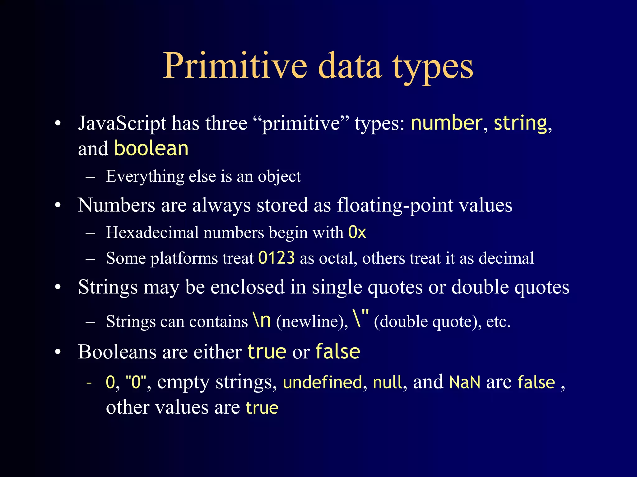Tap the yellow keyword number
click(446, 123)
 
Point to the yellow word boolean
click(151, 148)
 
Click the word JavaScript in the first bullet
click(122, 124)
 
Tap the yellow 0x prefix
click(357, 232)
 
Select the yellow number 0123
click(277, 258)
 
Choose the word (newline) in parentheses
click(312, 322)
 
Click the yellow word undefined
click(323, 382)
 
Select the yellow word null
click(387, 382)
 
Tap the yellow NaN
click(465, 382)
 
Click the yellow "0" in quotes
click(136, 382)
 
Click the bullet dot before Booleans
click(58, 352)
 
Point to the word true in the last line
click(262, 408)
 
